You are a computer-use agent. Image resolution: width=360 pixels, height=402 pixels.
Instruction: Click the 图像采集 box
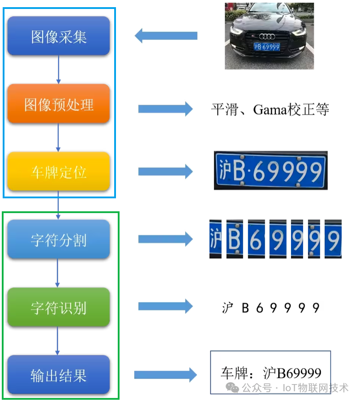[x=59, y=36]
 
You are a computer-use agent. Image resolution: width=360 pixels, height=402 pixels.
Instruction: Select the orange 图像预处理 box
[x=59, y=104]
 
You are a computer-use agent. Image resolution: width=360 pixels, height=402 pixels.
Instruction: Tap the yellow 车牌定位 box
[x=59, y=172]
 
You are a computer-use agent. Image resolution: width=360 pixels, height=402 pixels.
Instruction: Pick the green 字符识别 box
[x=59, y=308]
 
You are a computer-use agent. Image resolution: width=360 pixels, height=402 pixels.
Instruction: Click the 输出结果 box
[x=59, y=375]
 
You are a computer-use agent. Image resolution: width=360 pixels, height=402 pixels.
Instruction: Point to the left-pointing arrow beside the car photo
[x=166, y=36]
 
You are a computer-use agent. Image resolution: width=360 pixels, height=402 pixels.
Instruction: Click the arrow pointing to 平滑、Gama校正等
[x=165, y=109]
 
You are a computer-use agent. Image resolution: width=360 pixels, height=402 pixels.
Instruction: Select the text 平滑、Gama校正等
[x=270, y=109]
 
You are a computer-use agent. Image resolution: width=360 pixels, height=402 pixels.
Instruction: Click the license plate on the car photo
[x=266, y=47]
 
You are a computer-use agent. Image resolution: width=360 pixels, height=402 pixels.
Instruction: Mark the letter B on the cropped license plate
[x=239, y=171]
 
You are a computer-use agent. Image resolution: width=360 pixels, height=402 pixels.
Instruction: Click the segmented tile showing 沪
[x=215, y=239]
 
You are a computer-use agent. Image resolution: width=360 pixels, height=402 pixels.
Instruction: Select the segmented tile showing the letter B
[x=234, y=239]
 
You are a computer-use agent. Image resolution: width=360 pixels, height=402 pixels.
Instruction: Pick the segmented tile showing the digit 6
[x=257, y=239]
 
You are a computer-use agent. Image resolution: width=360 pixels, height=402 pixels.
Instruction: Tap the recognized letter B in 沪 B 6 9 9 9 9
[x=245, y=308]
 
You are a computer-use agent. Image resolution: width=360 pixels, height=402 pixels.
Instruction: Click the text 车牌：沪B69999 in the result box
[x=271, y=372]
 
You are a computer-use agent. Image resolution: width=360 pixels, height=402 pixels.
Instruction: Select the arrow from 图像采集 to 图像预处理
[x=58, y=69]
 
